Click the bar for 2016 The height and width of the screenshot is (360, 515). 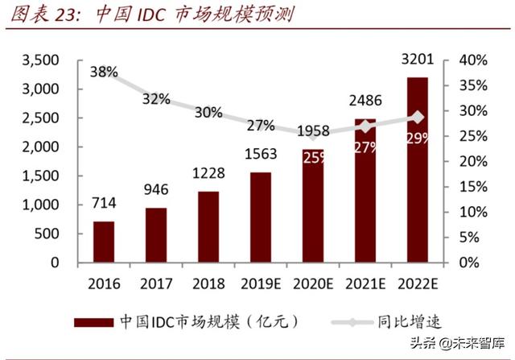(x=103, y=242)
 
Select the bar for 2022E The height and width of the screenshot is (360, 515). (x=417, y=170)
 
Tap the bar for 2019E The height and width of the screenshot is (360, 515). (x=260, y=217)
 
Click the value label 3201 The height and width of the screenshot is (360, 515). (x=417, y=59)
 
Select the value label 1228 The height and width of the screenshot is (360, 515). (x=208, y=174)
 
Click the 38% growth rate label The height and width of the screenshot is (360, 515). (x=104, y=72)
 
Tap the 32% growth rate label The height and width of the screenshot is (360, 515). (x=156, y=99)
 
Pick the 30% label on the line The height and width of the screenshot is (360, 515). (x=208, y=112)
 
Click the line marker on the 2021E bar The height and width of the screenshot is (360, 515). (x=365, y=126)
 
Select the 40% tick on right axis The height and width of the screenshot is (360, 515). (x=473, y=60)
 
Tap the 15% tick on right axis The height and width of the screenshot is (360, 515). (x=473, y=187)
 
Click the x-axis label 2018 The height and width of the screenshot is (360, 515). (x=208, y=283)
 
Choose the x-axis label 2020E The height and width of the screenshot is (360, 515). (x=312, y=283)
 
